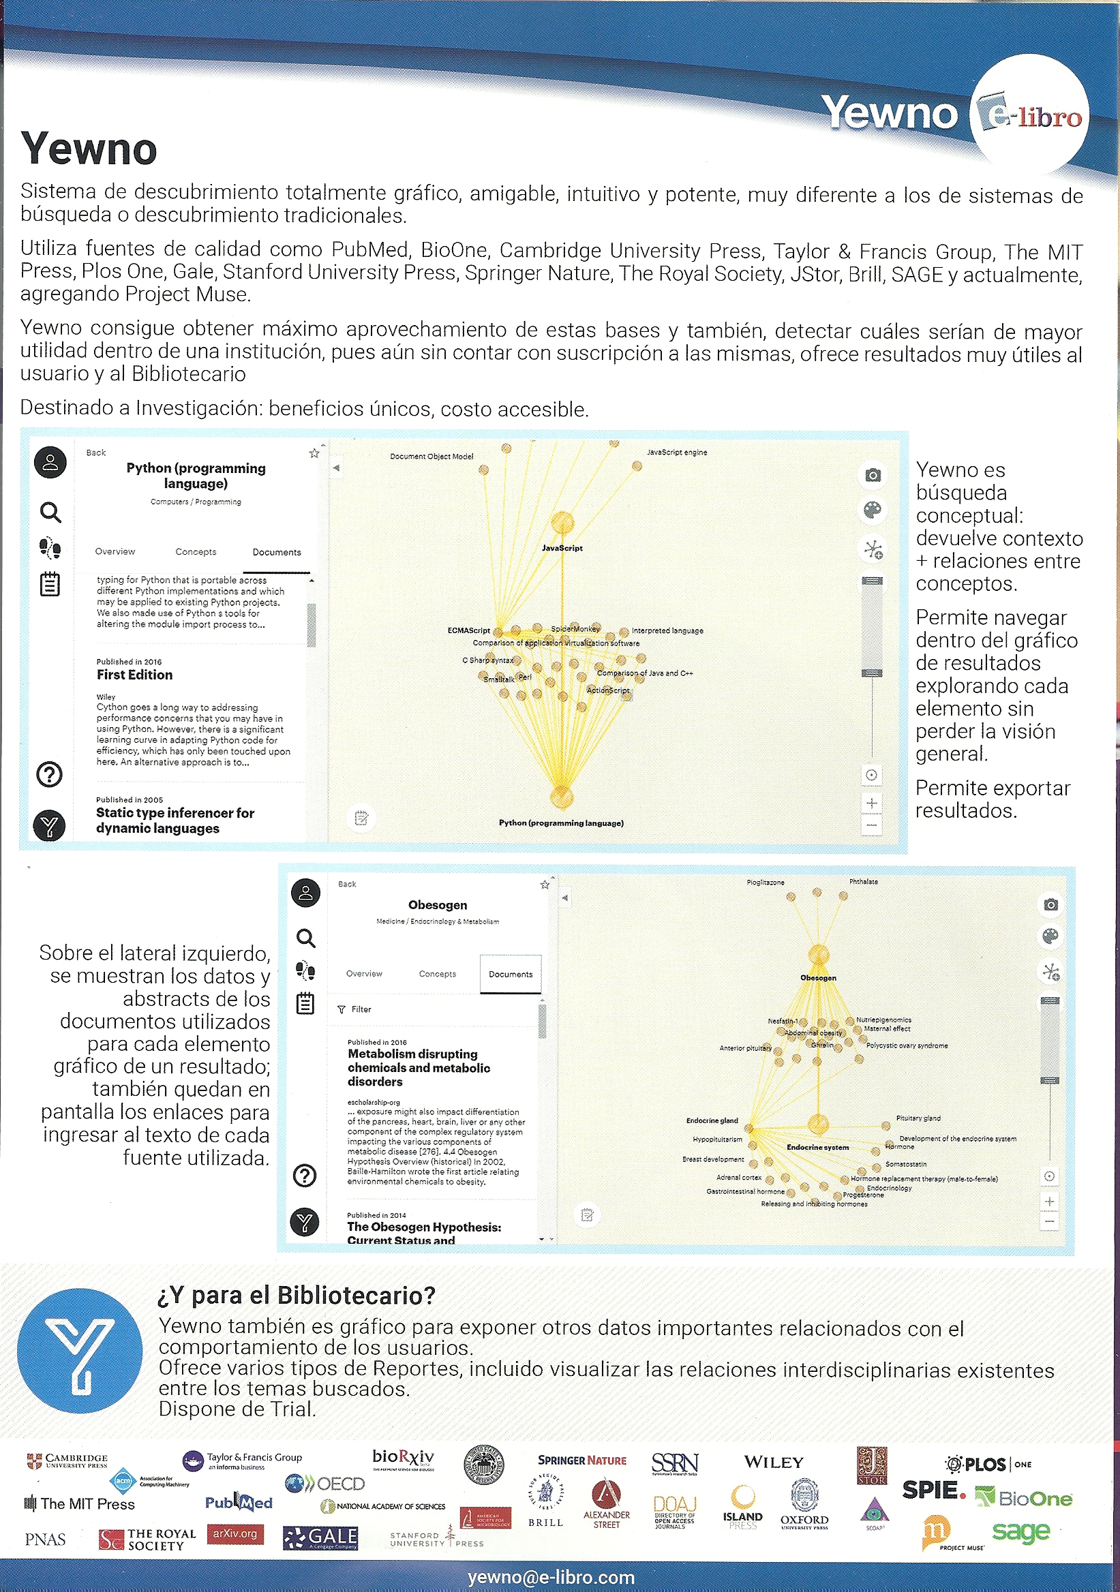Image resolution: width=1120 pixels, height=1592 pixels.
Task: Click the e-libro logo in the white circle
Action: (1029, 115)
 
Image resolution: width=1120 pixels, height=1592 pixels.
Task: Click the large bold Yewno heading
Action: (89, 149)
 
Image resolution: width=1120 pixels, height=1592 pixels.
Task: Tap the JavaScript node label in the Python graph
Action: (562, 548)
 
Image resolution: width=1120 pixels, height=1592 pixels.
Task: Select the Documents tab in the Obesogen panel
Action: (511, 973)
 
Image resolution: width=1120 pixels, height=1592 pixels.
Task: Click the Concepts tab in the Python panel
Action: (196, 552)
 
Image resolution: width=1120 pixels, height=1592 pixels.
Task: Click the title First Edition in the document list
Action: (134, 675)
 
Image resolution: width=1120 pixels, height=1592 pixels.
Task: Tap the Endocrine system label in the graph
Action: (817, 1147)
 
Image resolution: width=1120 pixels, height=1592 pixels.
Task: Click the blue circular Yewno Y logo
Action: (80, 1350)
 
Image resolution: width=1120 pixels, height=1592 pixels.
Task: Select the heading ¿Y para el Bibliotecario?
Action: (297, 1295)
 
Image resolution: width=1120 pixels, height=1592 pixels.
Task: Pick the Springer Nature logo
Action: (582, 1460)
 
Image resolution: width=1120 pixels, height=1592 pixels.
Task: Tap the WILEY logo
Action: (773, 1463)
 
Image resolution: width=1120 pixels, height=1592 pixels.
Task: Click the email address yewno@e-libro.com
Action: (551, 1577)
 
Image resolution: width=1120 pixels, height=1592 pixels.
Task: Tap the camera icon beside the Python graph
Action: (873, 475)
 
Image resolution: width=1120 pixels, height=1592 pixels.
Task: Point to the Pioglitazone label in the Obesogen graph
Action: (765, 883)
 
